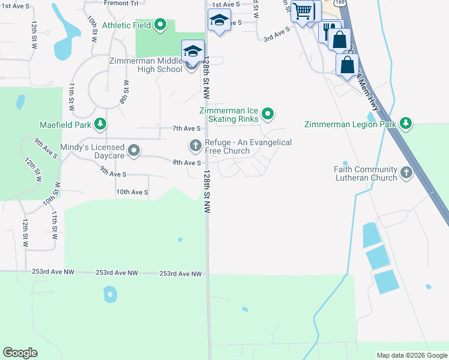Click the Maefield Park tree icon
[x=100, y=125]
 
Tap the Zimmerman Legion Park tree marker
[x=406, y=124]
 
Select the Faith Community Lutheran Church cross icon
[x=406, y=173]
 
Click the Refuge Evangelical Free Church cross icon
[x=195, y=145]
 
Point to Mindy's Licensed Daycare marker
[x=134, y=151]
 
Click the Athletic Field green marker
[x=160, y=25]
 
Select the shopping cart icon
[x=302, y=10]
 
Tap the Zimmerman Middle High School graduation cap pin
[x=193, y=52]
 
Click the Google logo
[x=20, y=353]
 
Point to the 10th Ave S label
[x=131, y=192]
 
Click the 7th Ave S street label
[x=186, y=128]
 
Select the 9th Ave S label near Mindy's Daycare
[x=113, y=174]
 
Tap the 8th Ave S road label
[x=187, y=163]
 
